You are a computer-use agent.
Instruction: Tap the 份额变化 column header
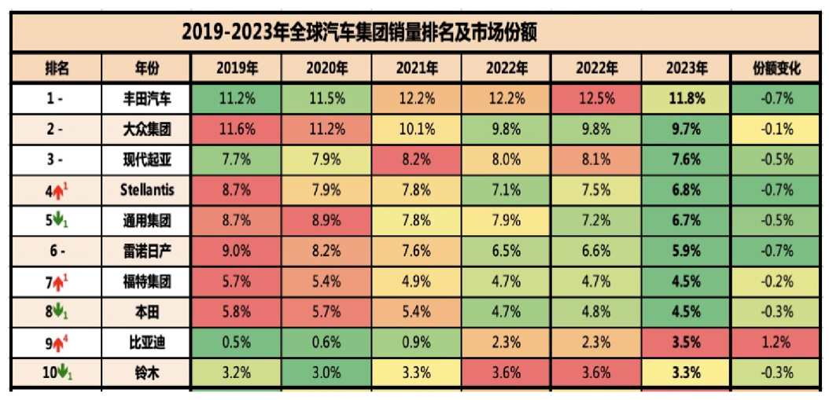[777, 68]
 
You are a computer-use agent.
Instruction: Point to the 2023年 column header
[687, 68]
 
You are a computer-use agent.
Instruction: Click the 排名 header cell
[57, 68]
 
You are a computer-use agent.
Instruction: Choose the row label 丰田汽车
[147, 99]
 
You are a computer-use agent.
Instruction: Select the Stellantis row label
[147, 189]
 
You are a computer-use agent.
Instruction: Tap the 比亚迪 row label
[147, 343]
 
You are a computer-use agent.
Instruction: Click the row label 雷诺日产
[147, 251]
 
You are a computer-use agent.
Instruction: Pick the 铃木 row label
[147, 372]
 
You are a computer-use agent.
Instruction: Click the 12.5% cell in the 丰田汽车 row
[596, 99]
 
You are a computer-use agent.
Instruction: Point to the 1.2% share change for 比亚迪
[777, 343]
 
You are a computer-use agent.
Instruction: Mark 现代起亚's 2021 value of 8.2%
[417, 159]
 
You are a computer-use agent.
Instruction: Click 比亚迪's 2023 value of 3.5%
[687, 343]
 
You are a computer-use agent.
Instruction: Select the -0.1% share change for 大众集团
[777, 129]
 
